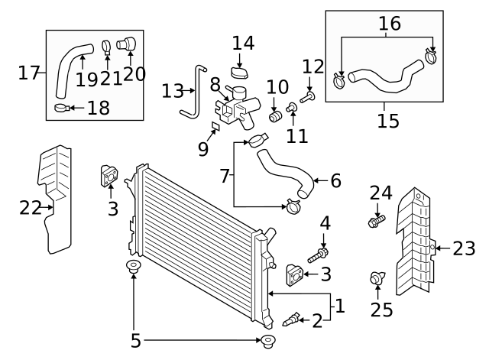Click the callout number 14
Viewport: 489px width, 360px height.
click(243, 43)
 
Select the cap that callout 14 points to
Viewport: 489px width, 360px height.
click(242, 73)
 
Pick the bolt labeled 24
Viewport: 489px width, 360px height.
click(376, 222)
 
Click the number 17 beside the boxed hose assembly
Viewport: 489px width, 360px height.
click(28, 73)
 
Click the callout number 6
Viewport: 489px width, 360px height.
click(335, 181)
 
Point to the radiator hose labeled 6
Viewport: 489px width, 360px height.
click(283, 172)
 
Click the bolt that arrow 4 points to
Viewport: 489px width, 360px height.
click(320, 253)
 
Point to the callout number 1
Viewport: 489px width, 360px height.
click(340, 306)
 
